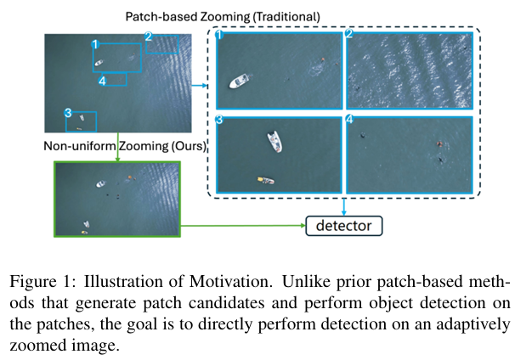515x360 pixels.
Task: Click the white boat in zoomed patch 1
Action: [x=240, y=81]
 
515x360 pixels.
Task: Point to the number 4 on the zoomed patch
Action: [x=350, y=120]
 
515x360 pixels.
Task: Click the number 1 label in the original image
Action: [x=95, y=43]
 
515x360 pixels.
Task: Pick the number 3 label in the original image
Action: [x=68, y=113]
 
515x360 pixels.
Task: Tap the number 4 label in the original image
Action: [x=103, y=81]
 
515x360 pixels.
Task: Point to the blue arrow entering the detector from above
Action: [x=343, y=208]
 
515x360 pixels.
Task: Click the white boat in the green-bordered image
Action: [x=100, y=184]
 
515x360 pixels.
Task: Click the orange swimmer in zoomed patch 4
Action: [x=439, y=143]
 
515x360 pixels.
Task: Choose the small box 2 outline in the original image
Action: [x=162, y=44]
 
